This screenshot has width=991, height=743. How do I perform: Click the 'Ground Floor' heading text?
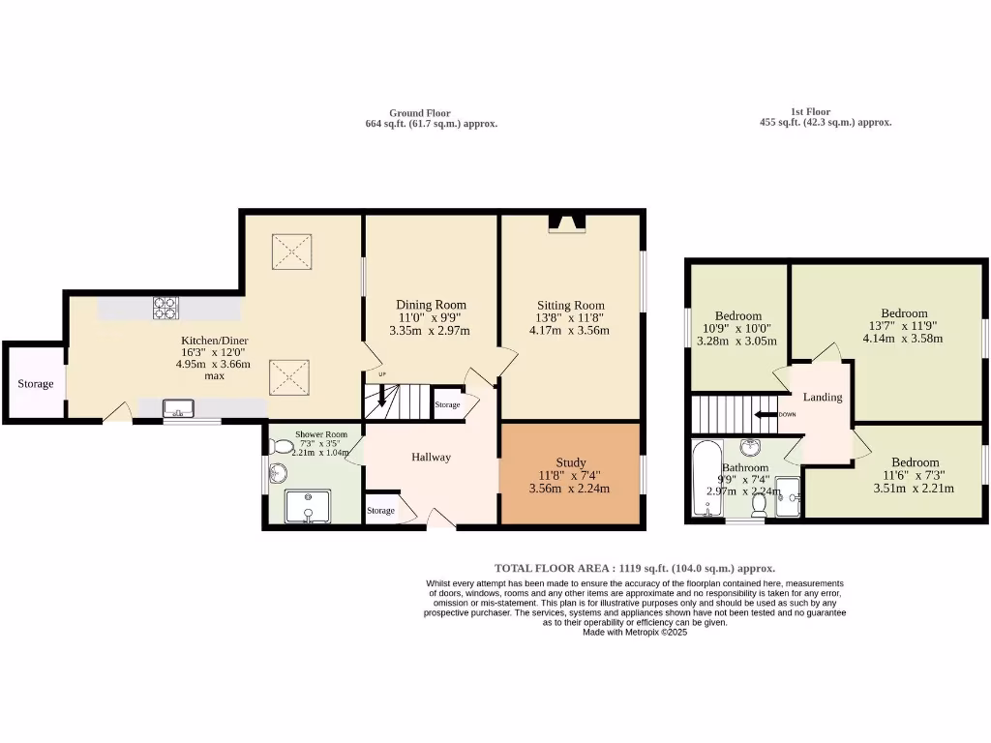point(419,113)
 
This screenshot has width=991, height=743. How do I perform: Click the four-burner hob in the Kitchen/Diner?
point(165,308)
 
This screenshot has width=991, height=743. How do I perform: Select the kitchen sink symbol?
point(178,408)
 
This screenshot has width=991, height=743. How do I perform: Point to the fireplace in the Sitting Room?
point(567,224)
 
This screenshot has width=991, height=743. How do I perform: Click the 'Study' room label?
point(571,462)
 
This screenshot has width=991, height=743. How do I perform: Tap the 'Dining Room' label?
point(431,305)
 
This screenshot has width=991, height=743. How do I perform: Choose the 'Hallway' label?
point(431,457)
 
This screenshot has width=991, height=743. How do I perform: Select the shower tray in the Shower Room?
point(308,506)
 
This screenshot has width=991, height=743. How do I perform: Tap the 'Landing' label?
point(823,397)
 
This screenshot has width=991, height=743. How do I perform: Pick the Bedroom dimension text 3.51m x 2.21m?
point(914,489)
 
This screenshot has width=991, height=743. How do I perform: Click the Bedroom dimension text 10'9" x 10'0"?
point(737,328)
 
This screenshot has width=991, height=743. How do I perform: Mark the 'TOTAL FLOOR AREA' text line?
point(634,569)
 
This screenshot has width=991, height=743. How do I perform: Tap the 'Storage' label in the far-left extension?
point(35,384)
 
